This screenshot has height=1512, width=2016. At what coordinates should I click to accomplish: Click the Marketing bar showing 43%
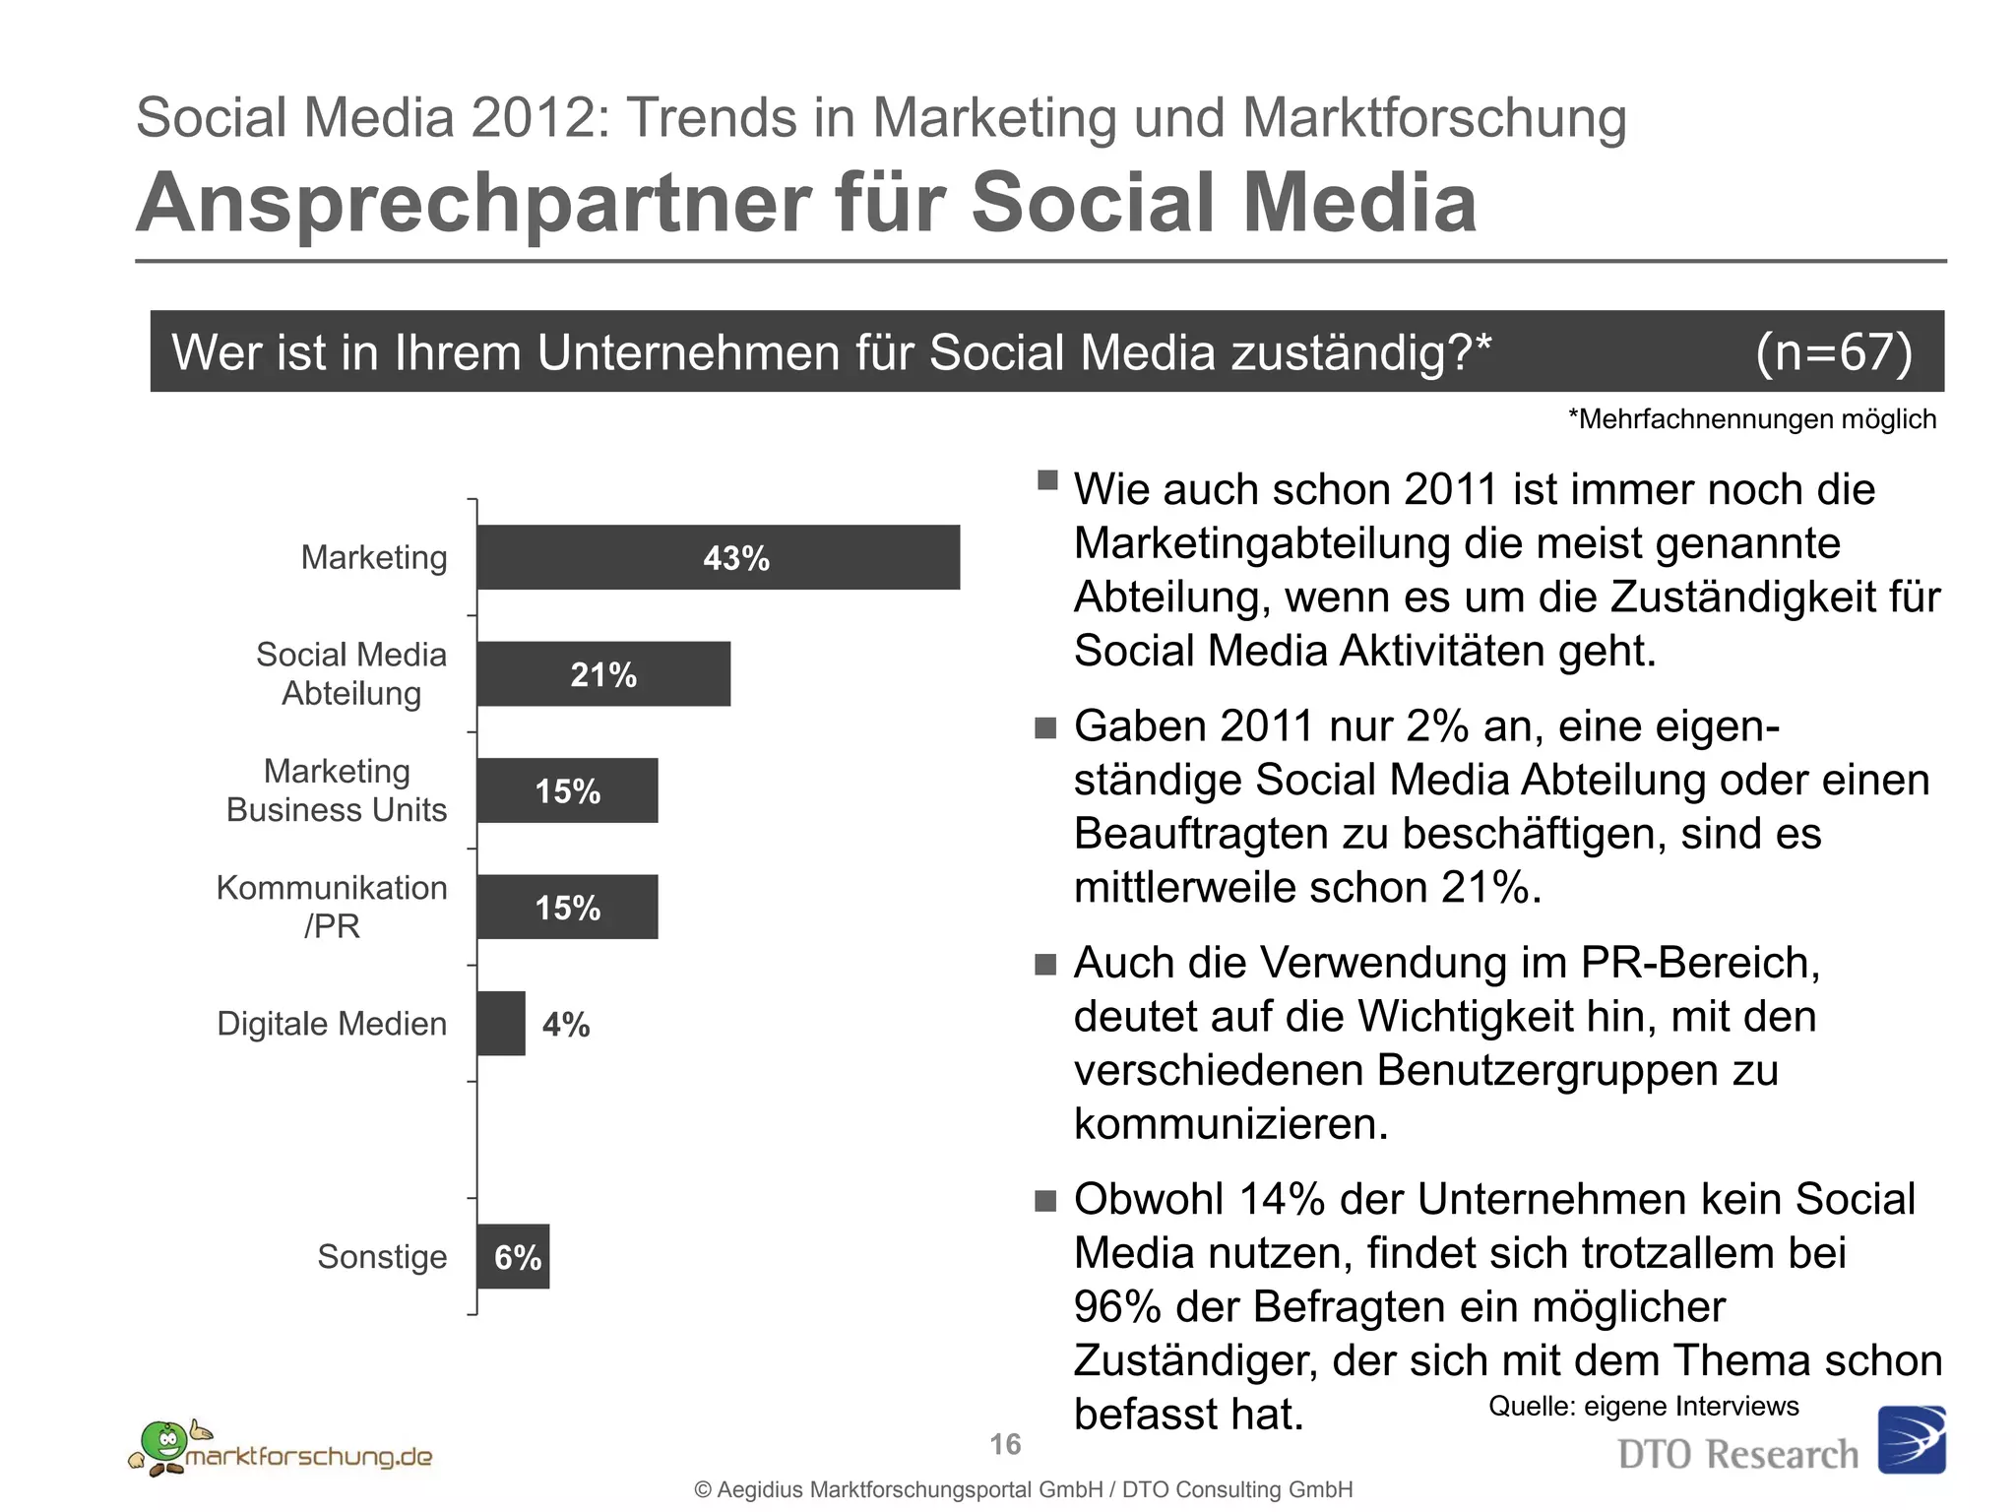[718, 557]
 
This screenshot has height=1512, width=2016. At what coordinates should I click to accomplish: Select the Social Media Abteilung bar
[603, 674]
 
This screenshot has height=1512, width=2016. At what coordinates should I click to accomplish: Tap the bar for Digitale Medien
[500, 1024]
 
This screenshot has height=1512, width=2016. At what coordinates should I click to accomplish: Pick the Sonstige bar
[513, 1257]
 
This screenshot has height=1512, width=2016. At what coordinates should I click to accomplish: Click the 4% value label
[566, 1025]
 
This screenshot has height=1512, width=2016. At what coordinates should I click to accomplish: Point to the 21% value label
[603, 675]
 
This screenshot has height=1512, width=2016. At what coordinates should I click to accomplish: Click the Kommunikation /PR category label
[332, 907]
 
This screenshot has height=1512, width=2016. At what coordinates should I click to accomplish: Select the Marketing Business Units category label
[337, 790]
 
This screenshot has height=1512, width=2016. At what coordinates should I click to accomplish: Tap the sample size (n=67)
[1834, 351]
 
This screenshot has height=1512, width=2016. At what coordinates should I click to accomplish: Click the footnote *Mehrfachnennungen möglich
[1752, 419]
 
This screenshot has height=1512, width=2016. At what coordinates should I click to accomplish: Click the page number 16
[1005, 1444]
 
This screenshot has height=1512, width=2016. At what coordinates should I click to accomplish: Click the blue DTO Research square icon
[1911, 1439]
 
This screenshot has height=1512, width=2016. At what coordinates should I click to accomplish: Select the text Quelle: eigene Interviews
[1643, 1406]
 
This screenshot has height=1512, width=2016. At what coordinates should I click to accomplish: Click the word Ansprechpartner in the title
[472, 203]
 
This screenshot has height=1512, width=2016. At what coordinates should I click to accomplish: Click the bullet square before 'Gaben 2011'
[1045, 728]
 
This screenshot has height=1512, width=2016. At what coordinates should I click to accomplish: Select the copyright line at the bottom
[1024, 1489]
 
